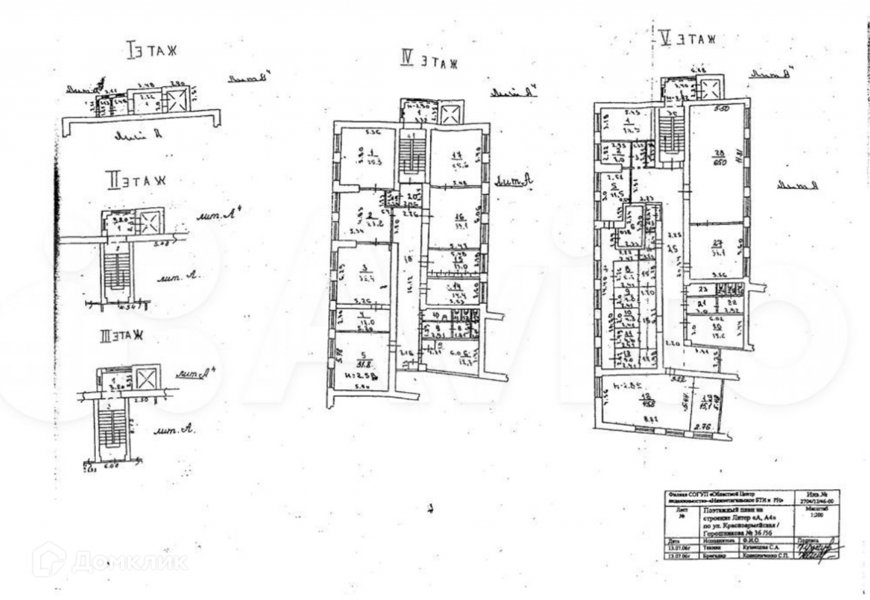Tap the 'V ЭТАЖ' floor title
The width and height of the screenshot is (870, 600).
pos(687,39)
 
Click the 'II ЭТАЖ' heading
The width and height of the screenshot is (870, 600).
pos(135,181)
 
